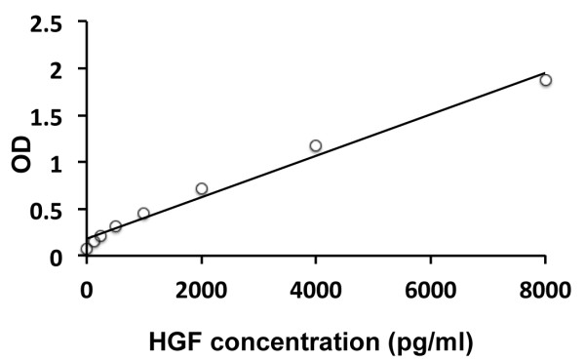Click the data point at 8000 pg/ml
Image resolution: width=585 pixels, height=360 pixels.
[546, 80]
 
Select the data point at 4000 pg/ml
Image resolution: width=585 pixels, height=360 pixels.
[315, 146]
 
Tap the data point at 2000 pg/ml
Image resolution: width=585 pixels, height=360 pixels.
[201, 188]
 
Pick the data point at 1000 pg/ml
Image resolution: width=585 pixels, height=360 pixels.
[143, 214]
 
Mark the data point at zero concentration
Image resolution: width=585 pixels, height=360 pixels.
[87, 249]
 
